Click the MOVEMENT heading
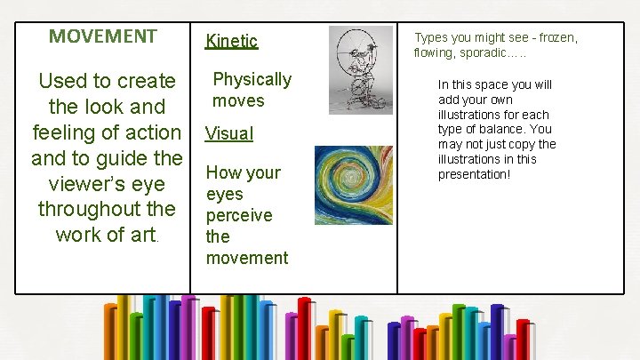(102, 36)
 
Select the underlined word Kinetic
(231, 41)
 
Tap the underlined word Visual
(229, 133)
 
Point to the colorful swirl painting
(353, 185)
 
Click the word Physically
(252, 79)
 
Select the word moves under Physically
(238, 100)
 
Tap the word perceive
(239, 215)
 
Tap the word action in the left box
(152, 132)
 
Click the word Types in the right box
(431, 37)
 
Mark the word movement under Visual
(247, 258)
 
